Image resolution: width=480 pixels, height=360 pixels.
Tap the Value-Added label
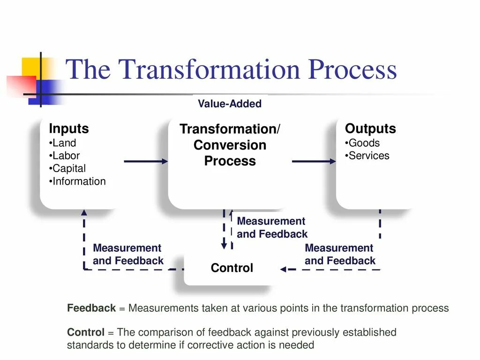point(230,104)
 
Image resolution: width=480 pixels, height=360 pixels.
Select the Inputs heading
point(68,129)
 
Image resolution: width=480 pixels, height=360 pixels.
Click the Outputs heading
point(370,129)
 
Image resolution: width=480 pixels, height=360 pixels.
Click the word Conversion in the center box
point(230,145)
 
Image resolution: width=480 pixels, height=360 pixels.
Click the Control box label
point(232,268)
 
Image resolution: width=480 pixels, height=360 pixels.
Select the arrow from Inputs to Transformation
point(146,161)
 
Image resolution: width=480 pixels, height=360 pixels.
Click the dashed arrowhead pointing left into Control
point(284,270)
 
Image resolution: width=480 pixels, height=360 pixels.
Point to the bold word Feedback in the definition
point(91,308)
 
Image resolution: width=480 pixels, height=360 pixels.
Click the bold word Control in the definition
point(86,333)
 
